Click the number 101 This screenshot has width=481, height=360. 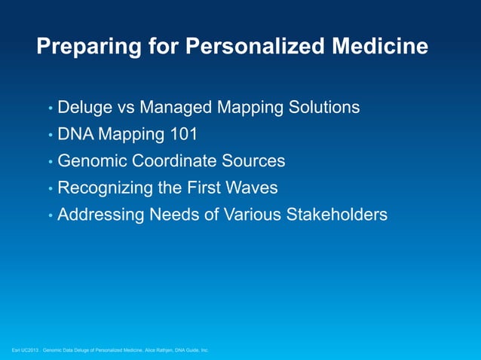coord(183,135)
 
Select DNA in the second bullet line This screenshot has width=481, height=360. coord(75,135)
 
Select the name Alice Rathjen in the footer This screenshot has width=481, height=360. coord(156,350)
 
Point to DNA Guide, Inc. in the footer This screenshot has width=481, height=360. coord(191,350)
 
